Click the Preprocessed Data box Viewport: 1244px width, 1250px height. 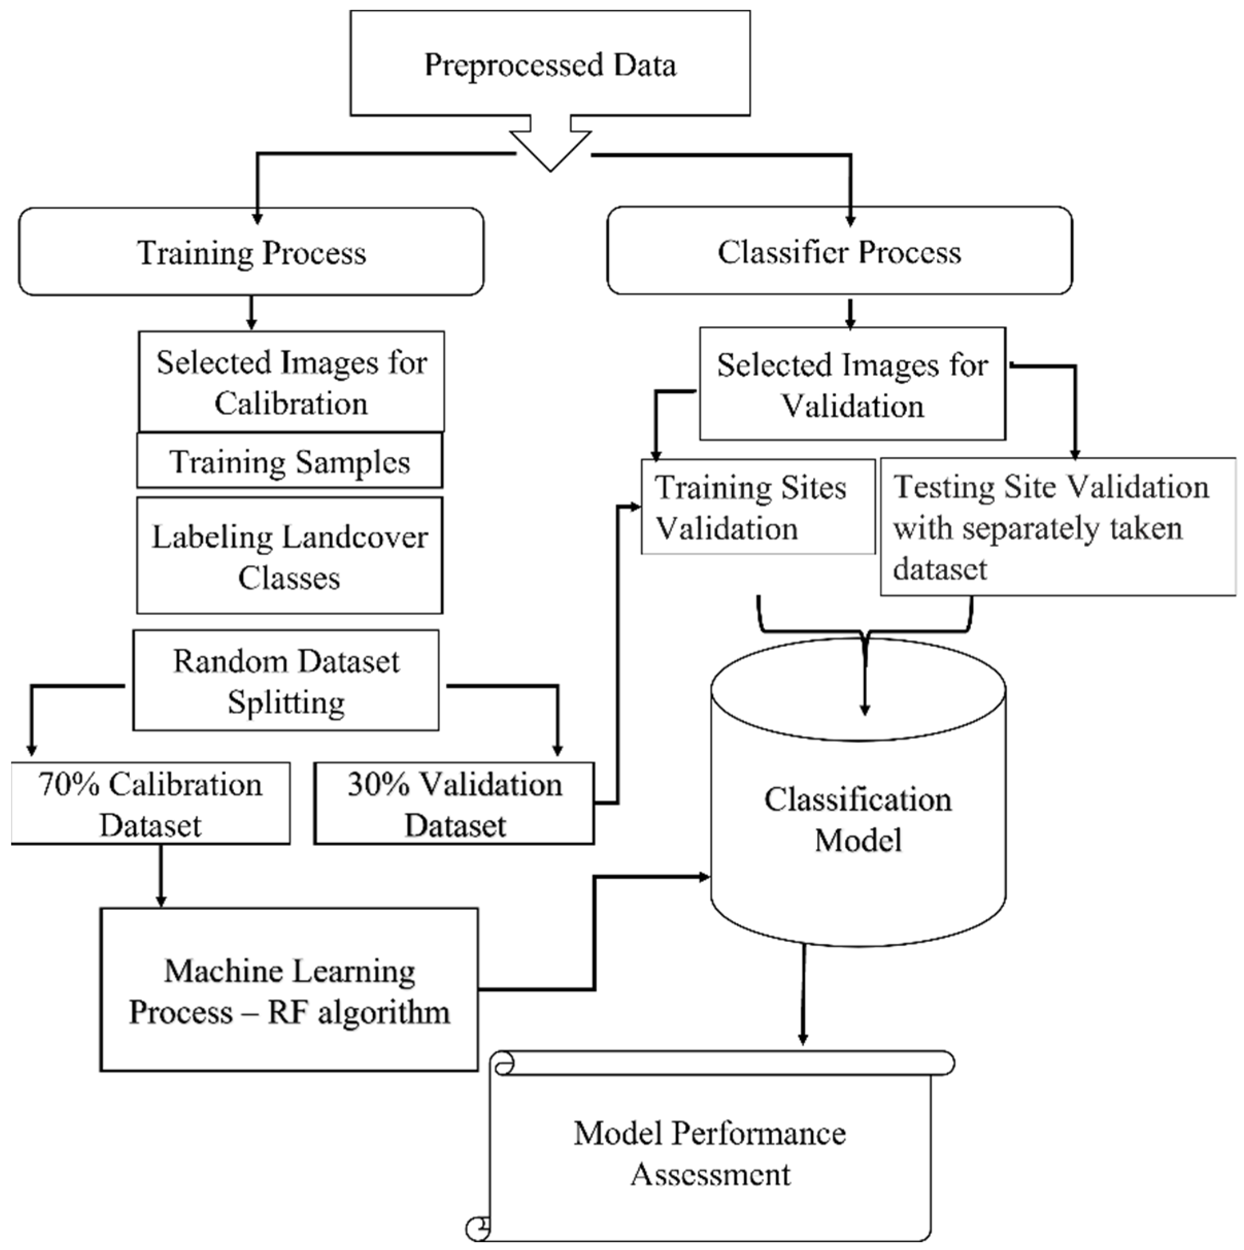(x=550, y=63)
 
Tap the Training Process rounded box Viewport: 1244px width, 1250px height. (x=251, y=252)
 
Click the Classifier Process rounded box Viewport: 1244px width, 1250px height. (x=839, y=251)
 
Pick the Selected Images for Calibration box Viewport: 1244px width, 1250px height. (x=291, y=382)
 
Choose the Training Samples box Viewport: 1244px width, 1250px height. (x=289, y=461)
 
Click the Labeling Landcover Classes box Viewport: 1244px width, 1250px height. (x=289, y=556)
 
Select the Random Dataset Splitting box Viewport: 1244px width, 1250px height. (x=286, y=680)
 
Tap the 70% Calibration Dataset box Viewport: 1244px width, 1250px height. (x=150, y=804)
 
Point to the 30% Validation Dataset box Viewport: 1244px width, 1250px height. (x=454, y=804)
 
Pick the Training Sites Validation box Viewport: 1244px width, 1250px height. (x=758, y=507)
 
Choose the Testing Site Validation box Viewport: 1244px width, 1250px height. (x=1057, y=527)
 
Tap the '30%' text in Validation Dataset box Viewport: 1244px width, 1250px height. (x=378, y=785)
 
